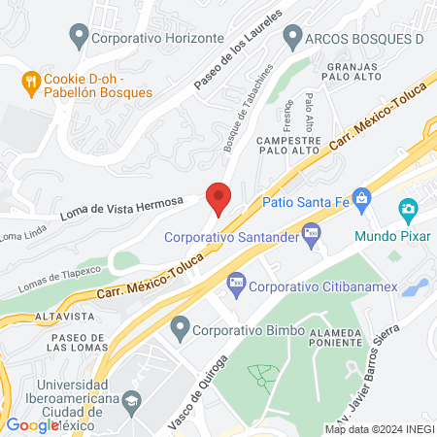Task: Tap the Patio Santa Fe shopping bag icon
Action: [362, 201]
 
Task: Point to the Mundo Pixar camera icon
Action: [408, 209]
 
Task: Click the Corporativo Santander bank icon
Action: [312, 230]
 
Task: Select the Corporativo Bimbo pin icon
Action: [179, 328]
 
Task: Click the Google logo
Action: [32, 424]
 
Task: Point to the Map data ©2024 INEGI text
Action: [378, 428]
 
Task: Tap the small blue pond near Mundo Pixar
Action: [415, 287]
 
